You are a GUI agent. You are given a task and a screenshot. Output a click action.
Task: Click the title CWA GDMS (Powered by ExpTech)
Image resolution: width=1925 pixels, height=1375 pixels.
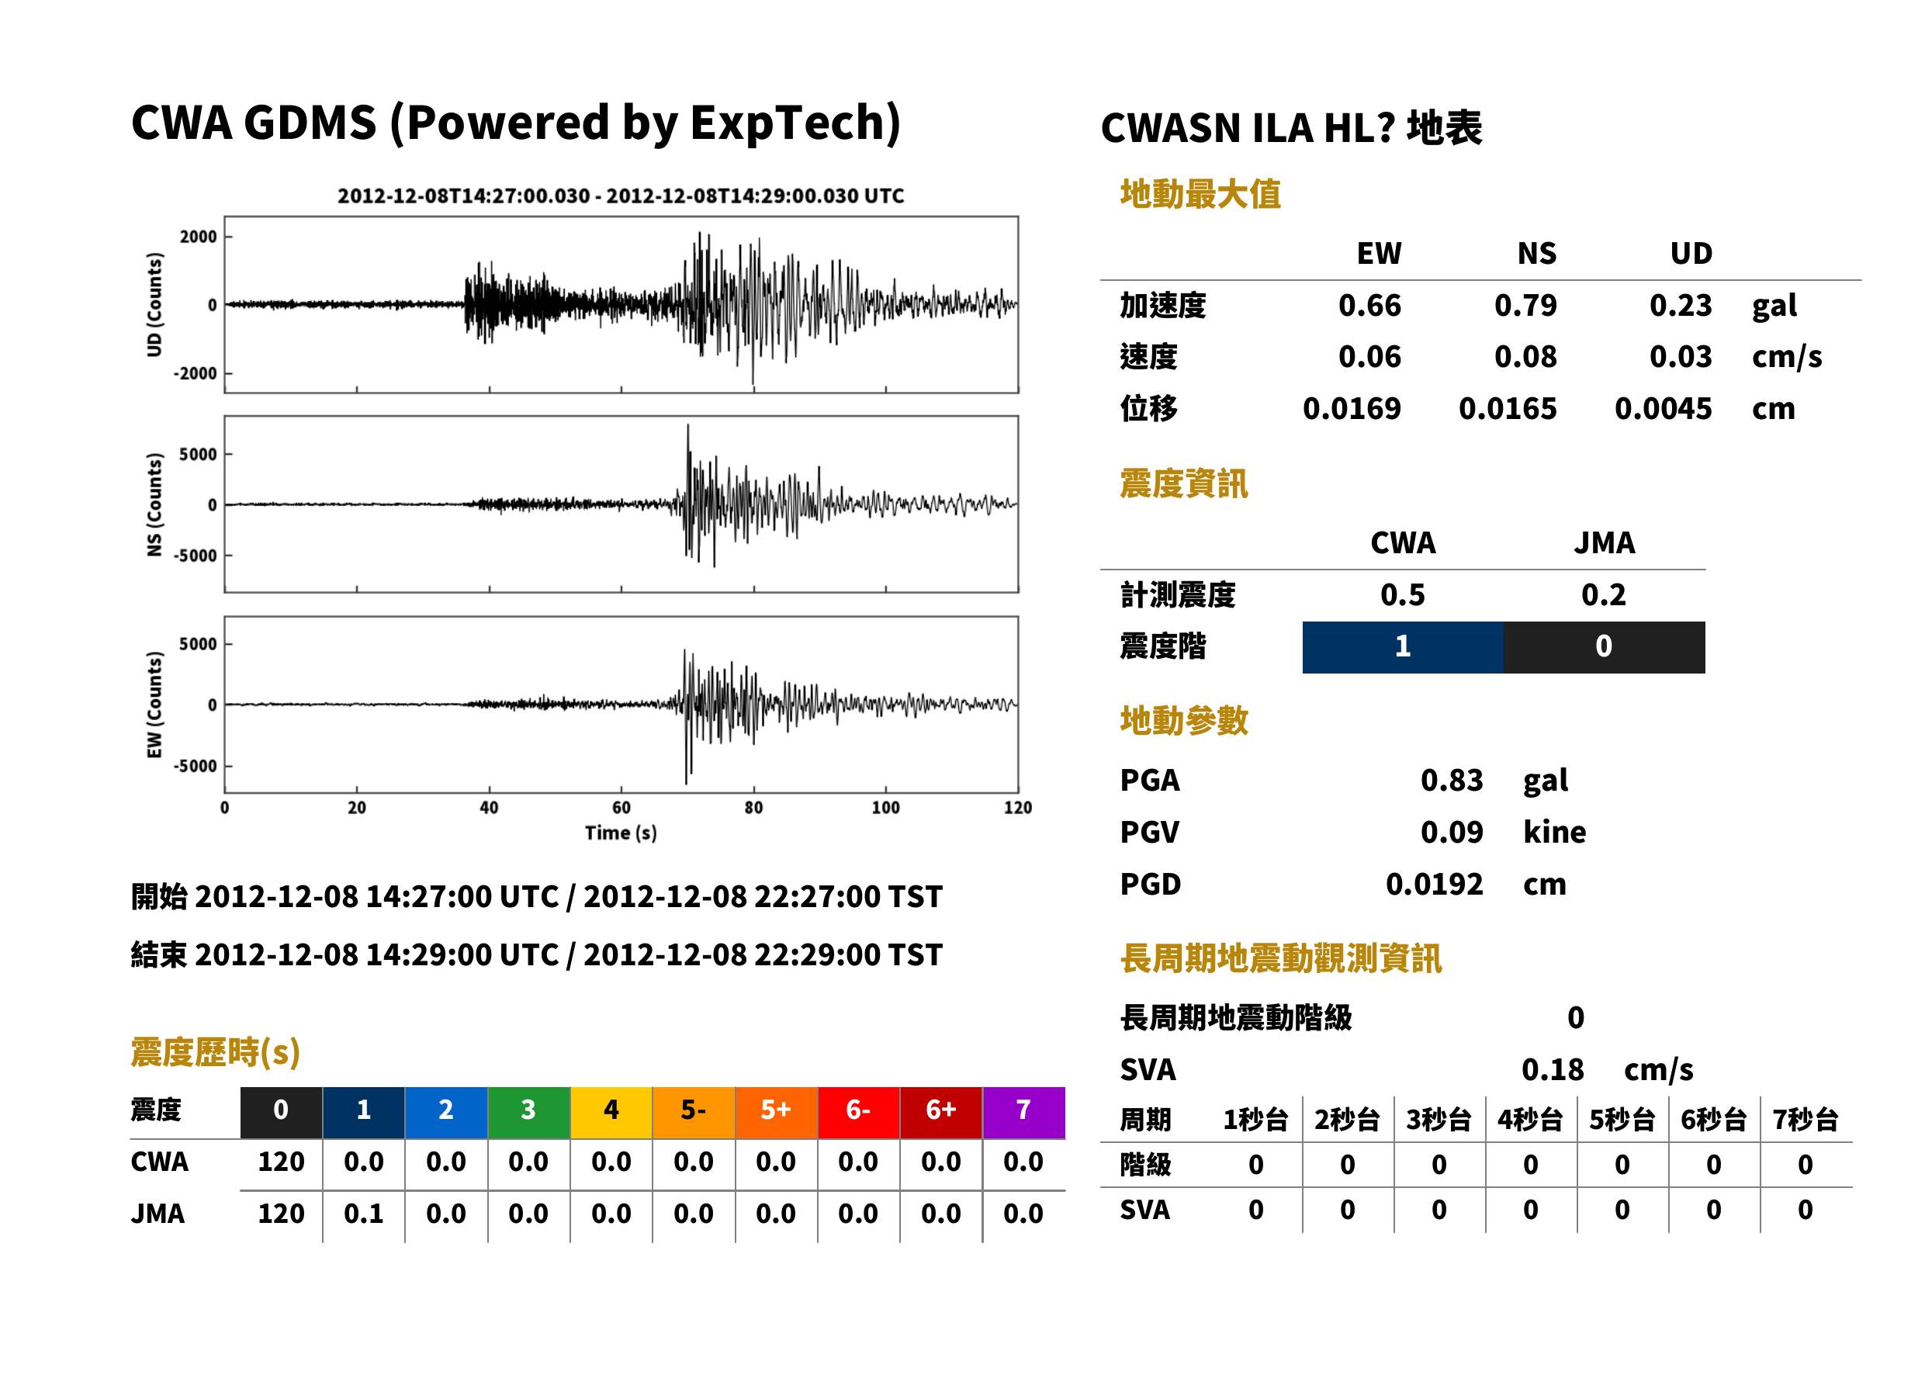click(515, 123)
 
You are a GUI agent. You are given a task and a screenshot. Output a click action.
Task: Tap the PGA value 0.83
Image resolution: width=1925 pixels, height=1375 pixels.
click(1451, 780)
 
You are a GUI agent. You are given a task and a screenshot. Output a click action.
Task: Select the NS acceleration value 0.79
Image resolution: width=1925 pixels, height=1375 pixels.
click(1525, 306)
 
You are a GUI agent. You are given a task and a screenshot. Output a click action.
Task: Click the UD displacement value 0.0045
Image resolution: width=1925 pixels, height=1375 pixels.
click(1663, 409)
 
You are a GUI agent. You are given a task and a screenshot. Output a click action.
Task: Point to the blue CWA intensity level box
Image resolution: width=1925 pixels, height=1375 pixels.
click(1403, 647)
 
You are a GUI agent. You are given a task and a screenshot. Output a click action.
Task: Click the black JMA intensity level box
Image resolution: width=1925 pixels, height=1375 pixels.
click(1605, 647)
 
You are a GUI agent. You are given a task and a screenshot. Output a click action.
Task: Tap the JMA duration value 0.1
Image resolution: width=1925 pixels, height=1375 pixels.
click(363, 1214)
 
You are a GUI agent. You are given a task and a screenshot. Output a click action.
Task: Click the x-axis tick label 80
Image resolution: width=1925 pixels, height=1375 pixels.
click(753, 808)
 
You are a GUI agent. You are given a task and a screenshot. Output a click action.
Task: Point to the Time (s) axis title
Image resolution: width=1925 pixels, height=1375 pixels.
click(621, 833)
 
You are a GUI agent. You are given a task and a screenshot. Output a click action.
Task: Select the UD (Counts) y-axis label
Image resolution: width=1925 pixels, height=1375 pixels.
click(154, 305)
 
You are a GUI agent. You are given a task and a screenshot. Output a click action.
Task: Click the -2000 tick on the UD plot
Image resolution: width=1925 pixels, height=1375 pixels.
click(195, 373)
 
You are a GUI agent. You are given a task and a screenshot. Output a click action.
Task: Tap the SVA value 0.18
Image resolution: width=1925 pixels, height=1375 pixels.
click(1553, 1070)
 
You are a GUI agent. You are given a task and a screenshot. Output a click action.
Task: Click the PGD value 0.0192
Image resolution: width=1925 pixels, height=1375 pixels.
click(1434, 885)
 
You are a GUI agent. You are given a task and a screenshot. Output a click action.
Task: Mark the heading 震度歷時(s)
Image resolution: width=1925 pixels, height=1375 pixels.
click(215, 1052)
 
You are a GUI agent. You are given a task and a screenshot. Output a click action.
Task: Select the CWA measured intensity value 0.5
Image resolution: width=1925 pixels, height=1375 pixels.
click(1403, 595)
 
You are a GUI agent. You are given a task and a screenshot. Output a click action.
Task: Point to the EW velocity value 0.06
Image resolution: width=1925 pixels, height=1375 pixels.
click(1369, 357)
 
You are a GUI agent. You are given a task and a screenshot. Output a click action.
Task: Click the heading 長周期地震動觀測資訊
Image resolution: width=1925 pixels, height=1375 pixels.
click(1281, 958)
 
